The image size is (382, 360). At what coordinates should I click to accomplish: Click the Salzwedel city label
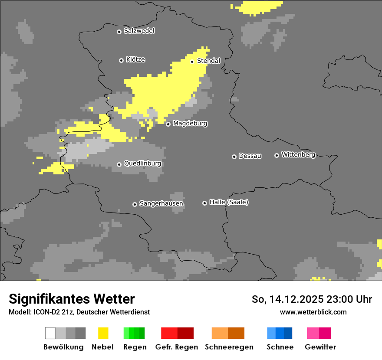139,31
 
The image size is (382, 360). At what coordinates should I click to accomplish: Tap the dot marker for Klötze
121,60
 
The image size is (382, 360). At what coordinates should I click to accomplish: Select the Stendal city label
208,61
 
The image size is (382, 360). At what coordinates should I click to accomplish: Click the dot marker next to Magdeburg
168,124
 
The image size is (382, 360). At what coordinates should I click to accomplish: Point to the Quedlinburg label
142,164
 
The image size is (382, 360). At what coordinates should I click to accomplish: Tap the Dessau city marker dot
234,157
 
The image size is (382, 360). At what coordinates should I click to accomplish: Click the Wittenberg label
298,154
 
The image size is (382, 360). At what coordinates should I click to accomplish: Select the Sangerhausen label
161,203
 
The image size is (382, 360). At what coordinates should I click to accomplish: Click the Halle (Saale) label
229,202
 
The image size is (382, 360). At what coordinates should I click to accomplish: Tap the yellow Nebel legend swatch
103,333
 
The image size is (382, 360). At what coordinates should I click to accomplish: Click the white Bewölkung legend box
50,333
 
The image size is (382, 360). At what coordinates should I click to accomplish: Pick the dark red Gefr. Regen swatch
186,333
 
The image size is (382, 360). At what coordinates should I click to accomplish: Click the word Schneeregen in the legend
229,347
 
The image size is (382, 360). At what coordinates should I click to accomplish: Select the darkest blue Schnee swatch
288,333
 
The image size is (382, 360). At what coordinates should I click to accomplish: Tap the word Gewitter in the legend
320,347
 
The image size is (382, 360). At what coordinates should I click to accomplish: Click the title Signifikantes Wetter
72,299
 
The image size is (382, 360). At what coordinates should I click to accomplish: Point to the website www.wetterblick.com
313,312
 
